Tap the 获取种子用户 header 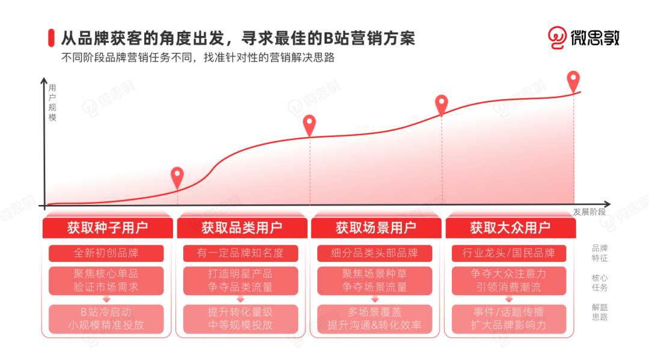tap(107, 228)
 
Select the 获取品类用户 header tap(242, 228)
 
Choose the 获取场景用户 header tap(376, 228)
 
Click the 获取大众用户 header tap(510, 228)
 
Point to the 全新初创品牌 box tap(106, 253)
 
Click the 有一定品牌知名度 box tap(240, 253)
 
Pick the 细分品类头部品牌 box tap(375, 253)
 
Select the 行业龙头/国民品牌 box tap(508, 253)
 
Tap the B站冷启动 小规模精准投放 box tap(106, 319)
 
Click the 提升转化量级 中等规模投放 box tap(240, 319)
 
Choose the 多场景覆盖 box tap(375, 319)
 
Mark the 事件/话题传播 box tap(508, 319)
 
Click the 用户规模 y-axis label tap(52, 102)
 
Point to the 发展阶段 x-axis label tap(589, 212)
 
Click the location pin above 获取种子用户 tap(177, 177)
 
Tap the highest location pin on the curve tap(573, 81)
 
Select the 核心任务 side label tap(600, 282)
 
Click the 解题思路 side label tap(600, 312)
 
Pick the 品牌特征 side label tap(600, 253)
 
